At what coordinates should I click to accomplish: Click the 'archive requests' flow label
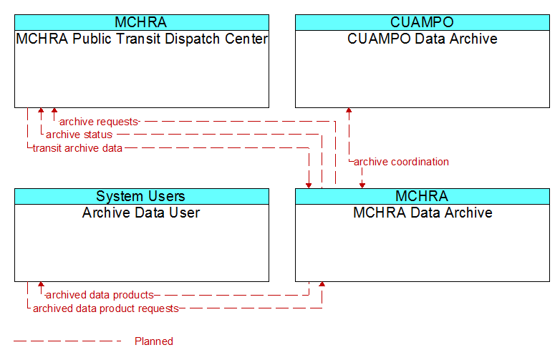coord(99,122)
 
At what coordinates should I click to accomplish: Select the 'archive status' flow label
coord(79,135)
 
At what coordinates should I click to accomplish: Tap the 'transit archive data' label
coord(77,148)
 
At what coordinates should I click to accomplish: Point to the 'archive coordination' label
coord(401,162)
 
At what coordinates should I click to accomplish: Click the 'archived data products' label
coord(100,295)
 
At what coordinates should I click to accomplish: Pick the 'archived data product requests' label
coord(106,308)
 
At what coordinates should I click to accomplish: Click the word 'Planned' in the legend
coord(154,341)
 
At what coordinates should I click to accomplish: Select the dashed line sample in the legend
coord(67,341)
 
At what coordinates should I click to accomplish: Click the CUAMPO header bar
coord(423,22)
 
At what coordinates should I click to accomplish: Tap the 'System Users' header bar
coord(142,196)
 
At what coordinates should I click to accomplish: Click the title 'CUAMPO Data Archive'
coord(423,39)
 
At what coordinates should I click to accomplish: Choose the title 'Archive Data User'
coord(141,213)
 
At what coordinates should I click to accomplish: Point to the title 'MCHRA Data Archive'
coord(423,213)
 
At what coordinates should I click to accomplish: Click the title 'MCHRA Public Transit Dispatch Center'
coord(142,39)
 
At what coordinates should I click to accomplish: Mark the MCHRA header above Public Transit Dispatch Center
coord(142,22)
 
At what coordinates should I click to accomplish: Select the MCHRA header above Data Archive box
coord(423,196)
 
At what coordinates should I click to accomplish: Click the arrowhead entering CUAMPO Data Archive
coord(349,110)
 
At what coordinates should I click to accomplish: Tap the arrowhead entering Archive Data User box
coord(41,284)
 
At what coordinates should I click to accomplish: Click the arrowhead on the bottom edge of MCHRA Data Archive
coord(322,284)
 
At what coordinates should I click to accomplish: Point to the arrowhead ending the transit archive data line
coord(309,185)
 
